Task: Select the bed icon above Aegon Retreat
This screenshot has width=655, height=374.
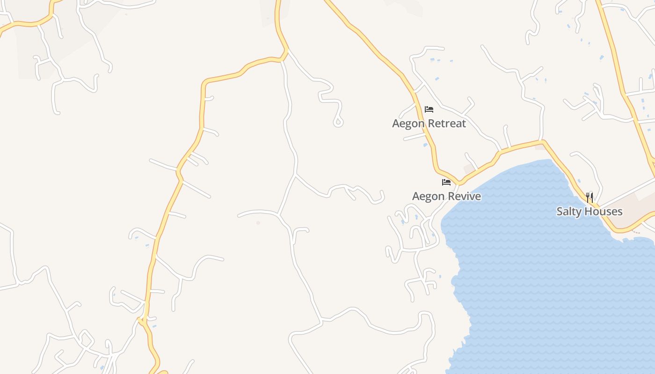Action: pos(429,109)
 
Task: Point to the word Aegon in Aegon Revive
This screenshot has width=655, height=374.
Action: pos(428,196)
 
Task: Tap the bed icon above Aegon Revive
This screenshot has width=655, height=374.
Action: pos(446,182)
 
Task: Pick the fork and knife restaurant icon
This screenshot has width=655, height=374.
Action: pos(589,197)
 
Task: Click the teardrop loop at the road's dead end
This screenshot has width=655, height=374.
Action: pos(338,122)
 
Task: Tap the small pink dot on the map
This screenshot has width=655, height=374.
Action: pos(258,223)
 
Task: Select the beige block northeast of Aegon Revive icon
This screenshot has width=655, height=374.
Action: pos(469,168)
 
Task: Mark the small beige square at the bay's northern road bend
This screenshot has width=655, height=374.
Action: pos(539,147)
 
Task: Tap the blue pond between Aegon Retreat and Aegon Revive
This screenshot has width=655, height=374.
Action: pos(425,145)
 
